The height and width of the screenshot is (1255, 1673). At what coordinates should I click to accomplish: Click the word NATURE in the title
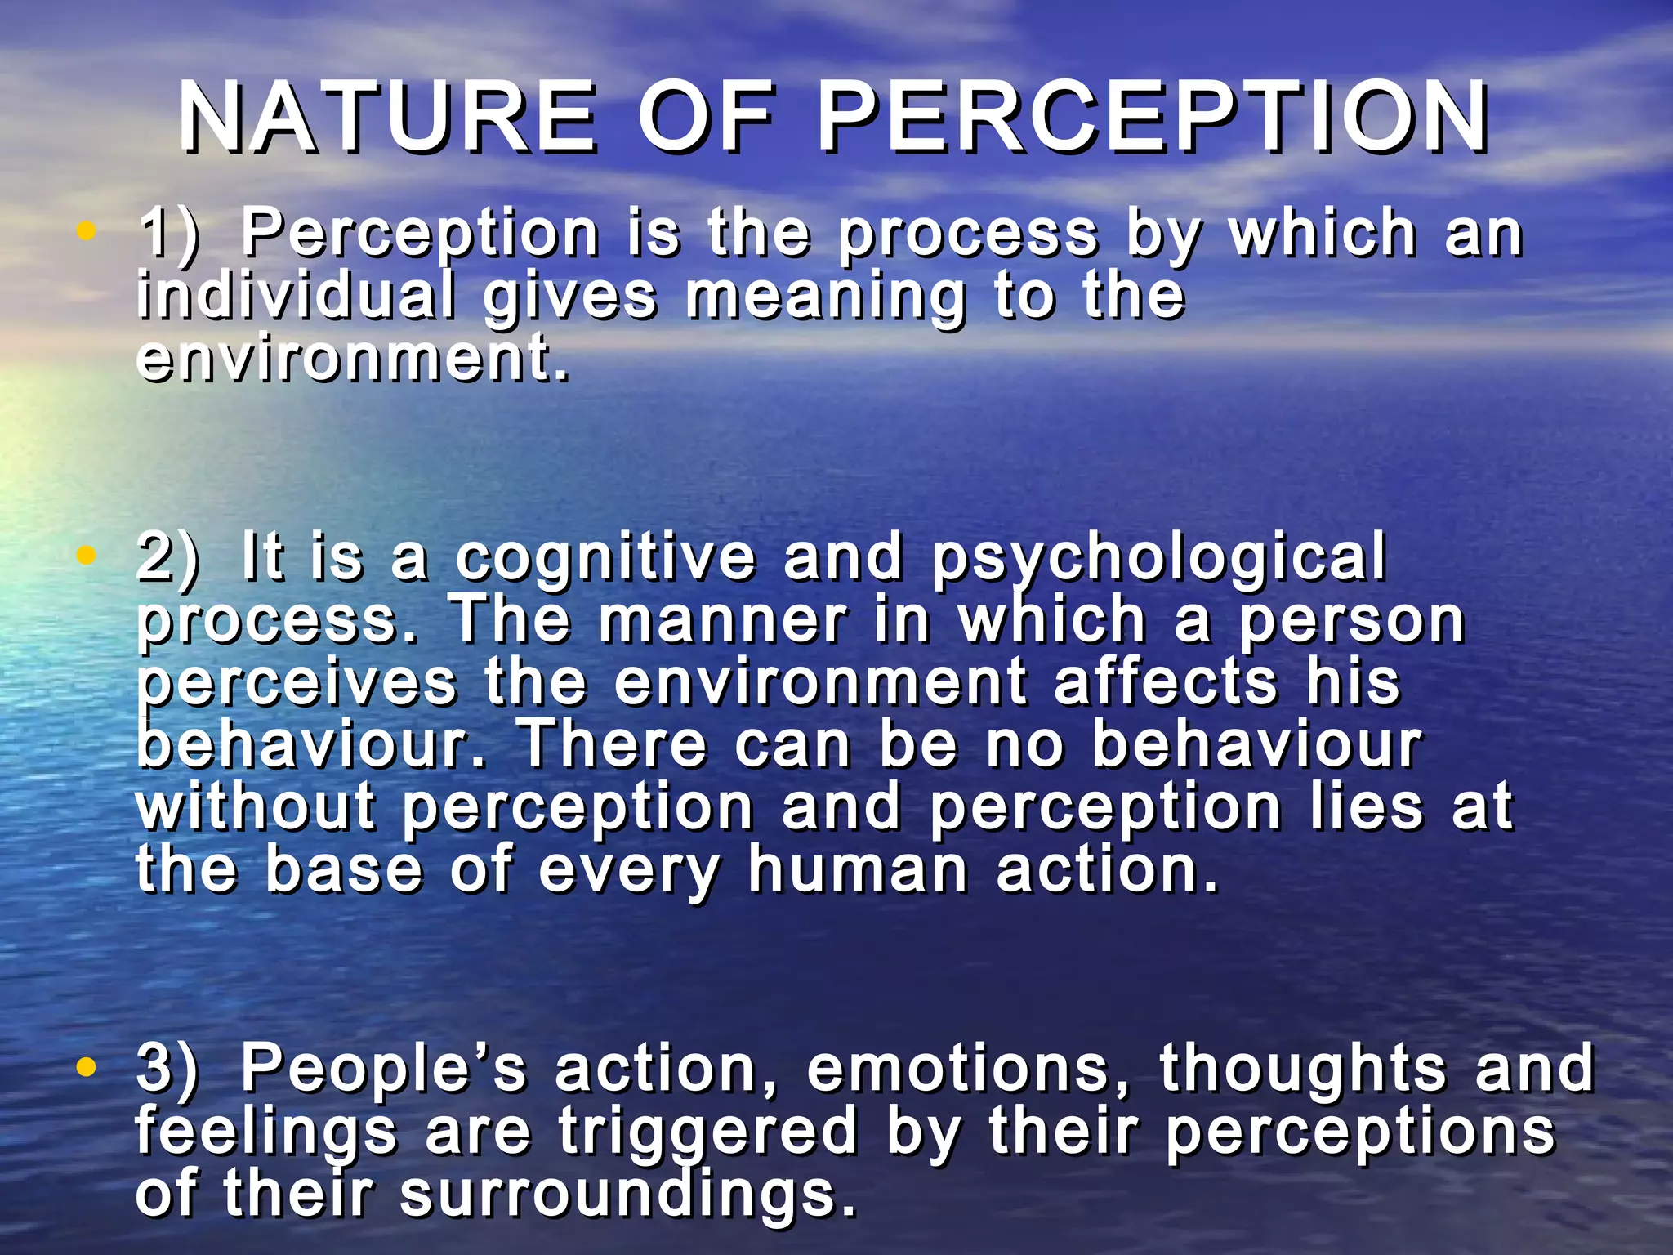click(388, 118)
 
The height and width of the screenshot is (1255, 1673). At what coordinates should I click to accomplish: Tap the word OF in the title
click(706, 118)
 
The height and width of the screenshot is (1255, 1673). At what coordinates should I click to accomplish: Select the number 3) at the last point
click(167, 1069)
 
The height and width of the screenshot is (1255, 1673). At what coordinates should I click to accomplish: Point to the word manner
click(723, 621)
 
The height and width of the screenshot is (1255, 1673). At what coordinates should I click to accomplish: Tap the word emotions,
click(969, 1069)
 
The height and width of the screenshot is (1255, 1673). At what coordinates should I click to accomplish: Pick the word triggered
click(707, 1133)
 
